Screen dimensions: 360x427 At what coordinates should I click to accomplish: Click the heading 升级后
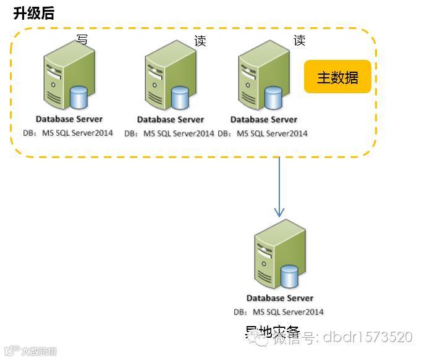tap(33, 13)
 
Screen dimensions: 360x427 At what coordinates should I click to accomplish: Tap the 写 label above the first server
tap(82, 40)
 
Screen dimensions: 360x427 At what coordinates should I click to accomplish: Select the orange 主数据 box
tap(337, 77)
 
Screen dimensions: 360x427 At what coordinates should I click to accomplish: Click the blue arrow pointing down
tap(279, 186)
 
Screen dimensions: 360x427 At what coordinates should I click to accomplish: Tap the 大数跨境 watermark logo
tap(31, 351)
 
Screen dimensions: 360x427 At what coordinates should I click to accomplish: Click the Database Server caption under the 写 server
tap(69, 119)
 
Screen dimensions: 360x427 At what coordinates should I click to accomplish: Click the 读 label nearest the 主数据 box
tap(299, 41)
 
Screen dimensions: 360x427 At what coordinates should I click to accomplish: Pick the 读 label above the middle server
tap(200, 41)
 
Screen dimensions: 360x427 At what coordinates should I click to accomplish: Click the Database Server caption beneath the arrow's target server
tap(280, 298)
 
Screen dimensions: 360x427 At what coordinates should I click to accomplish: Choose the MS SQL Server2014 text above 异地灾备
tap(288, 312)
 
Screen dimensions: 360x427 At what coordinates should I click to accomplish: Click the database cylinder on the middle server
tap(180, 98)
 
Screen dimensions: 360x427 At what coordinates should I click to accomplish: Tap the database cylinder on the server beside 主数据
tap(273, 98)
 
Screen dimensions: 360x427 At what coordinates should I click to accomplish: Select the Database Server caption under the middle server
tap(171, 120)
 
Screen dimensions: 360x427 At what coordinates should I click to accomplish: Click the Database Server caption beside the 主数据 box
tap(264, 119)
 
